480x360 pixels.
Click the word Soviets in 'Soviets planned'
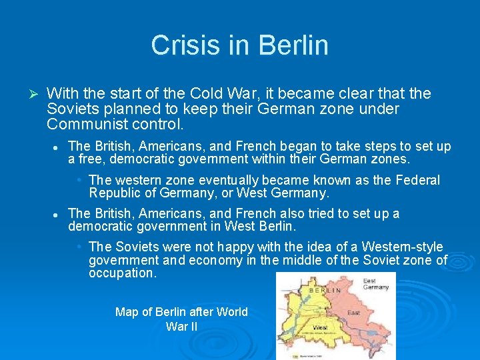click(x=73, y=109)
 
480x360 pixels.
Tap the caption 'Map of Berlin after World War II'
click(x=181, y=319)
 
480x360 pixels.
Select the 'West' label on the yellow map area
click(x=321, y=328)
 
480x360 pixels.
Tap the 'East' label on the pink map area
click(x=353, y=312)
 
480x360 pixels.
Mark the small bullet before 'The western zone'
click(x=79, y=180)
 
